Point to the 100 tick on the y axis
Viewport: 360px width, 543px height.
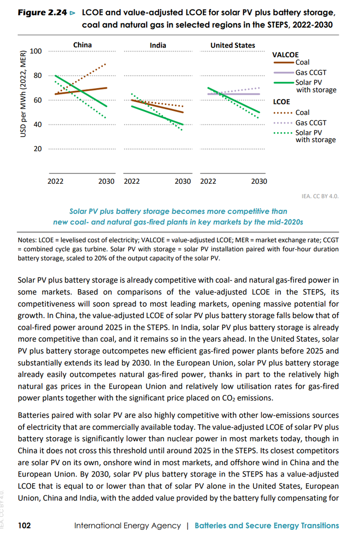coord(36,51)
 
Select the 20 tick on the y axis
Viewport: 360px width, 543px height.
coord(38,148)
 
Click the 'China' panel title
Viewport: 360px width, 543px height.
coord(82,45)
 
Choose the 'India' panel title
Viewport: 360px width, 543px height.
coord(158,45)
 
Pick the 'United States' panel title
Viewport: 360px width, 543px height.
coord(232,45)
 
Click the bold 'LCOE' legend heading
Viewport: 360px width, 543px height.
coord(281,102)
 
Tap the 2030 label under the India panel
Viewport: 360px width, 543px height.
coord(183,181)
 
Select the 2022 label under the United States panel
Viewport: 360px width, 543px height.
coord(208,181)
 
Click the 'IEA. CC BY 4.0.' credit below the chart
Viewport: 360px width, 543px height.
coord(320,196)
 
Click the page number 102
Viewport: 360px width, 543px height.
coord(24,525)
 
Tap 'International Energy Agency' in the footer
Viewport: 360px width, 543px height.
coord(128,525)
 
